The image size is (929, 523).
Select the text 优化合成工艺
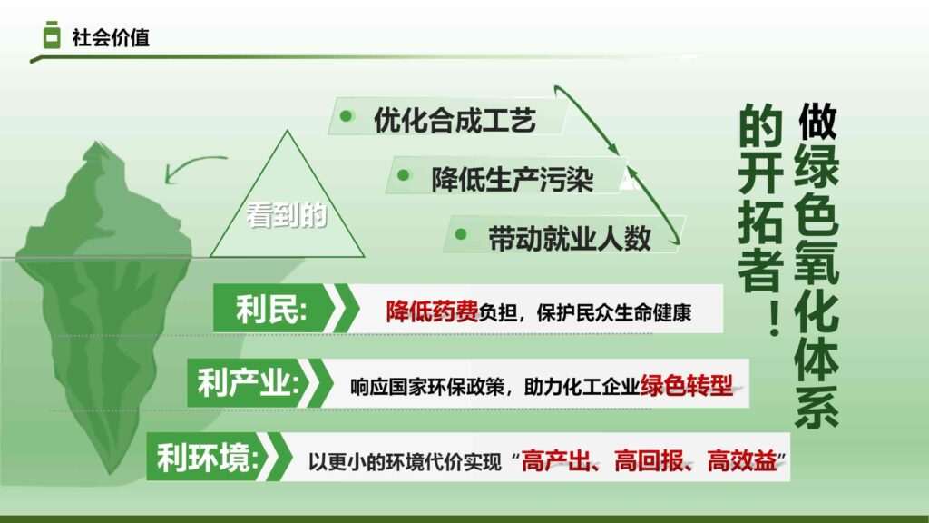click(x=455, y=121)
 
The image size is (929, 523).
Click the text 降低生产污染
click(x=513, y=179)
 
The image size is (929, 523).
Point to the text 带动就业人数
click(x=570, y=238)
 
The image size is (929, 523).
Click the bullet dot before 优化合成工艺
click(x=346, y=116)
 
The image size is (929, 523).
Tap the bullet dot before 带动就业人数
click(x=461, y=234)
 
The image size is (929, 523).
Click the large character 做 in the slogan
click(x=817, y=122)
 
